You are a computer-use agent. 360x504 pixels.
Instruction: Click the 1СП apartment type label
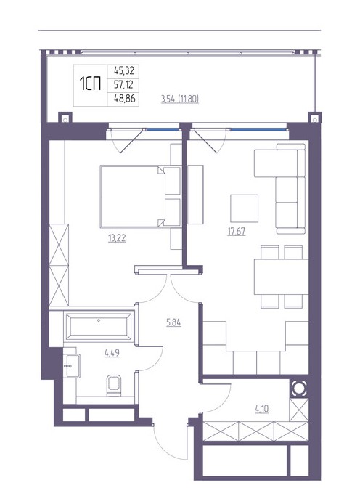click(90, 84)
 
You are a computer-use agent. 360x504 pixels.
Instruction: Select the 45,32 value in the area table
click(124, 70)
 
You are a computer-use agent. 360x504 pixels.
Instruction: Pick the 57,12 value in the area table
click(124, 85)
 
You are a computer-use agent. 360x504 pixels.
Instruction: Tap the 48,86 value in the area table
click(125, 98)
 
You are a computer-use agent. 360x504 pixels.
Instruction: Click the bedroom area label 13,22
click(117, 238)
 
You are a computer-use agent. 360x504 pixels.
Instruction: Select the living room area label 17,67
click(237, 232)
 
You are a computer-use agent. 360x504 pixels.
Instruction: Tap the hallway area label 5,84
click(173, 322)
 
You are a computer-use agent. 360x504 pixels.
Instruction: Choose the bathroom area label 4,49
click(112, 353)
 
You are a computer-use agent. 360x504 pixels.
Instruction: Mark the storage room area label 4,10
click(262, 409)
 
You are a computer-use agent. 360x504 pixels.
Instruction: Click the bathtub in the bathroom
click(99, 327)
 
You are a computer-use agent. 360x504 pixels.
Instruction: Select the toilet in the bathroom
click(114, 386)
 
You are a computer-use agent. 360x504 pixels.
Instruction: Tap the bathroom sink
click(72, 365)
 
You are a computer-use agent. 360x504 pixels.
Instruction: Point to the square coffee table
click(245, 208)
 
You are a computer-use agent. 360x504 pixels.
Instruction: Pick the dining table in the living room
click(281, 277)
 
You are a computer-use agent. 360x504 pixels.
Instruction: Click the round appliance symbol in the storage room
click(299, 389)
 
